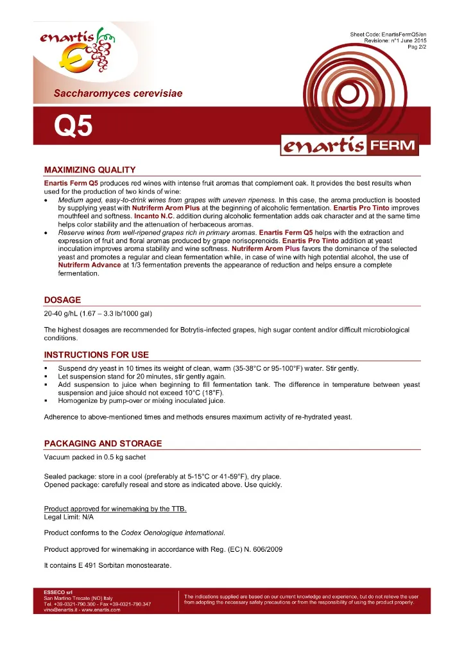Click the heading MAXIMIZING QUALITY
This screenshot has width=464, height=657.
pos(89,170)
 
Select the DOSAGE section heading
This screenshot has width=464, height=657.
pos(62,300)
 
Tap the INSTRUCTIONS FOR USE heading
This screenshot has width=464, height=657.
pos(96,355)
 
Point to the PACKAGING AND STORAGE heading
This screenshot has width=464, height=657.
pos(103,443)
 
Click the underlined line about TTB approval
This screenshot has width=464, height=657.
pos(116,509)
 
